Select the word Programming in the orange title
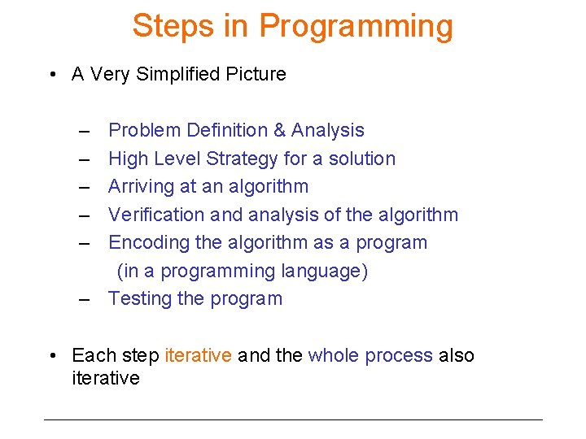pos(356,26)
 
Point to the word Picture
pos(256,74)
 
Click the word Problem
pos(145,130)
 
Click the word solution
pos(362,159)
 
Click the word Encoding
pos(145,242)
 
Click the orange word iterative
pos(199,355)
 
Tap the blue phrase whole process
pos(370,355)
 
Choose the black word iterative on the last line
pos(106,378)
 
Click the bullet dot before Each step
pos(52,356)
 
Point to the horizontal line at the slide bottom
pos(293,419)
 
